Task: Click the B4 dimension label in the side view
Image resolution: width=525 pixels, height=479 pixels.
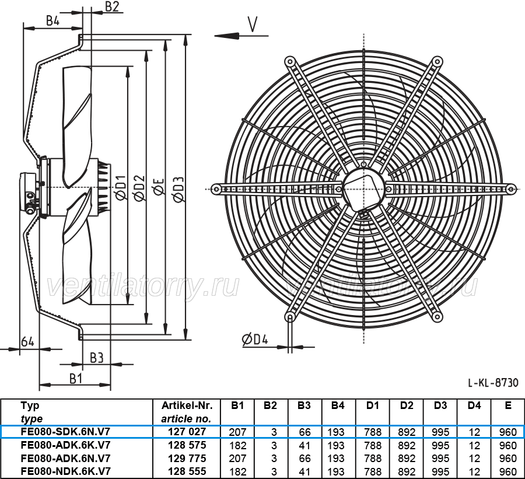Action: [x=52, y=21]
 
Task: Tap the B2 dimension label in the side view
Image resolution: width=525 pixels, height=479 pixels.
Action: [x=112, y=6]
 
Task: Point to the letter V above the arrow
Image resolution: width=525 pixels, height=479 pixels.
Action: [x=253, y=25]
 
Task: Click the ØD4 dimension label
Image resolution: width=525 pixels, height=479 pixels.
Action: [x=255, y=340]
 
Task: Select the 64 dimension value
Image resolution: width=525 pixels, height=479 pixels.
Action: [x=27, y=342]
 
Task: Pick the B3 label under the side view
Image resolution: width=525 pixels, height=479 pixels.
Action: [x=96, y=358]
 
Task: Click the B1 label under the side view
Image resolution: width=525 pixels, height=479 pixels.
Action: [x=76, y=379]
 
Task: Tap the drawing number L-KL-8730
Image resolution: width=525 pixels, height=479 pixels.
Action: [x=493, y=382]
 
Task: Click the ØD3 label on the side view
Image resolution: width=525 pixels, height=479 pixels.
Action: [x=179, y=189]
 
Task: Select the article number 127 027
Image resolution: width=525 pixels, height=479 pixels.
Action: [x=187, y=431]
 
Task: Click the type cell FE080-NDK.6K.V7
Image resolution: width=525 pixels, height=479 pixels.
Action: [x=65, y=471]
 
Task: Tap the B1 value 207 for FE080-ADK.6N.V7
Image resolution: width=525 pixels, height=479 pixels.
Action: [x=238, y=458]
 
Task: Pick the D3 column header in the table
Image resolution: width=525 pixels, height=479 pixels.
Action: [x=440, y=405]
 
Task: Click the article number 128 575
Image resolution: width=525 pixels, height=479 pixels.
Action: [x=187, y=445]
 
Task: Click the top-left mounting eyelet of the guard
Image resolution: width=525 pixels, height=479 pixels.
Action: [x=289, y=62]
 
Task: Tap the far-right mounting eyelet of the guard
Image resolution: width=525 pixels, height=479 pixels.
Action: [x=510, y=189]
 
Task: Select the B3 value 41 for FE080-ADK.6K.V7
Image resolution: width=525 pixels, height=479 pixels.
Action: [x=304, y=446]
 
